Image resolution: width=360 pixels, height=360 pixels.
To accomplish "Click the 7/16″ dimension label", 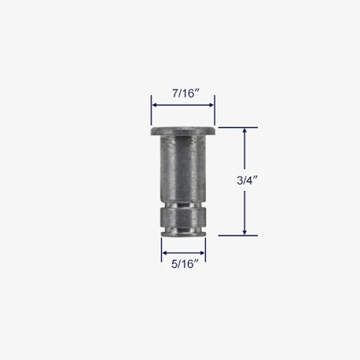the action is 186,94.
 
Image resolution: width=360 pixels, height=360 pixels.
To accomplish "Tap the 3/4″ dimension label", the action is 247,180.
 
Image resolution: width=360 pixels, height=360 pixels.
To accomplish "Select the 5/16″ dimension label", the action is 185,264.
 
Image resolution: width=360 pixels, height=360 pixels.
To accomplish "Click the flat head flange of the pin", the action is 183,131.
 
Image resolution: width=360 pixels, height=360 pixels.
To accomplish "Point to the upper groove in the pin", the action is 183,204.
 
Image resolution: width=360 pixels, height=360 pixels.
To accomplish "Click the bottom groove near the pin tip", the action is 183,230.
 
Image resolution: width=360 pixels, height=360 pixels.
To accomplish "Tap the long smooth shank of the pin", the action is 183,168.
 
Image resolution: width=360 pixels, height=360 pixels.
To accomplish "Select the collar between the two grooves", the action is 183,218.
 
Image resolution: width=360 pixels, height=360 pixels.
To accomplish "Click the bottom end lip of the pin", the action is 183,234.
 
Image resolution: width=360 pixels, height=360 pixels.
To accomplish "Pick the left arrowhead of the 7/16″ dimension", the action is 154,105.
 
